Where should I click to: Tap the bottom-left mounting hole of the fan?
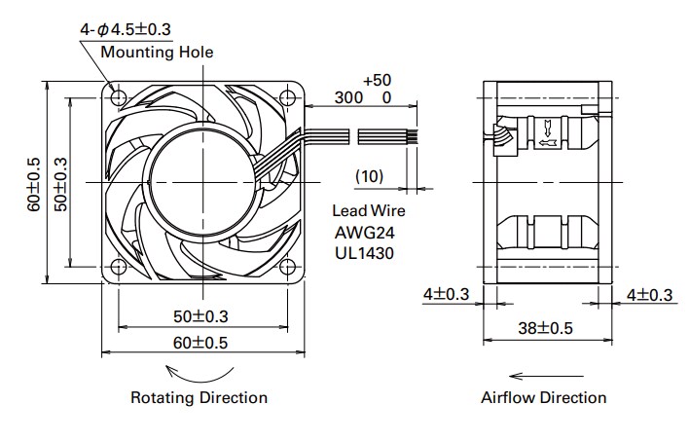pos(119,266)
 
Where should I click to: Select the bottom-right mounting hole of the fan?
pos(286,266)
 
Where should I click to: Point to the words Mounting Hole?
pos(156,51)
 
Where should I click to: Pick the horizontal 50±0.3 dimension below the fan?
pos(200,317)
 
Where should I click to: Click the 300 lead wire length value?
pos(348,98)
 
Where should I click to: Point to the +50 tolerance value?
pos(377,79)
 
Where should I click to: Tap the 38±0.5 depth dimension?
pos(547,329)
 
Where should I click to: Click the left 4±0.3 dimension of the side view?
pos(447,294)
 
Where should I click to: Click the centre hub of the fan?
pos(200,181)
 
